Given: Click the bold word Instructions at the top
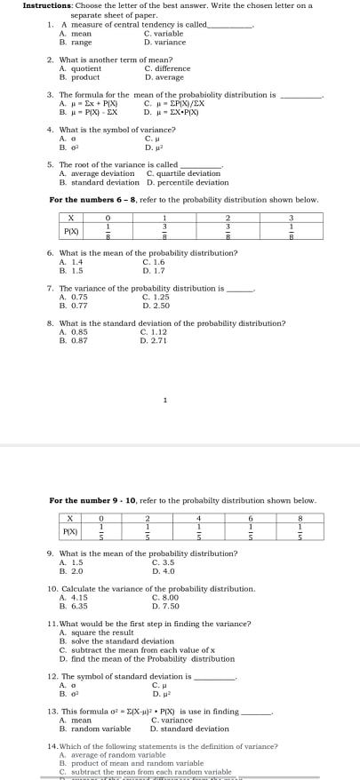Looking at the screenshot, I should (x=46, y=5).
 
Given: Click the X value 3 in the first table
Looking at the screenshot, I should (x=290, y=218).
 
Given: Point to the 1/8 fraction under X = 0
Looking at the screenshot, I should (x=108, y=232).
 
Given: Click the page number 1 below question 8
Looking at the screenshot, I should (x=165, y=401).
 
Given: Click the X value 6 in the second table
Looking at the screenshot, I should (x=251, y=518).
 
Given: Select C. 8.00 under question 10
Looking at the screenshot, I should (x=165, y=598).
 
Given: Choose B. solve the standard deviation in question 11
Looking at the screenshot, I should (x=116, y=641).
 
